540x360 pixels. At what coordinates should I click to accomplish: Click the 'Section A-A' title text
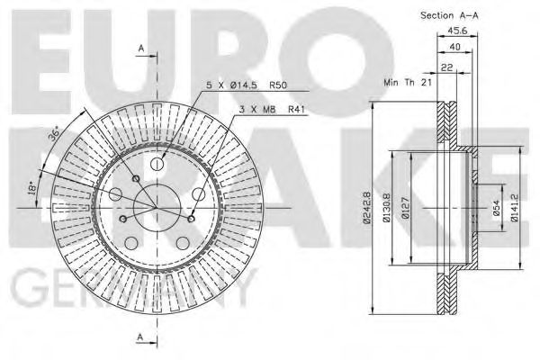[x=449, y=16]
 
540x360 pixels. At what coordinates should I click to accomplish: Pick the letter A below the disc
[x=140, y=337]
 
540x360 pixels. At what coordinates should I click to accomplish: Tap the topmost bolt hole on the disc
[x=157, y=164]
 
